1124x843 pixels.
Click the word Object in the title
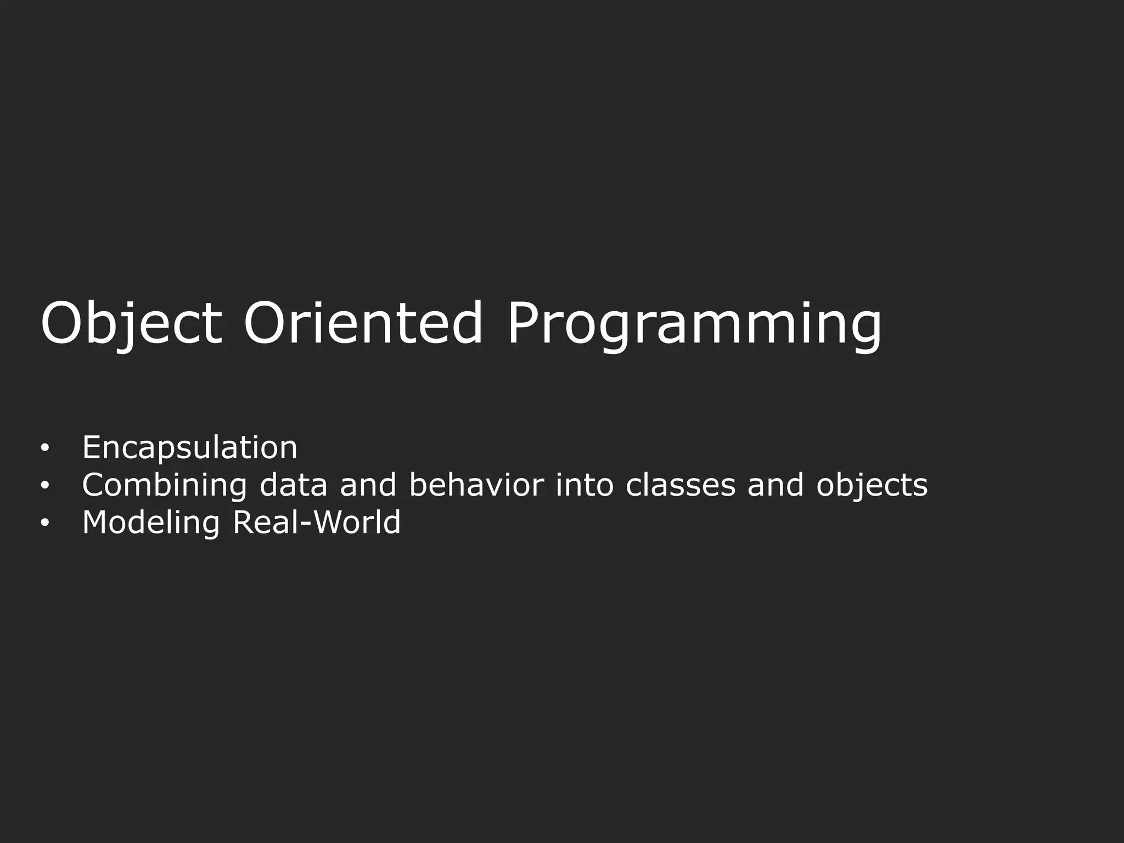tap(131, 324)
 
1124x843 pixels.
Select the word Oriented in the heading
tap(362, 324)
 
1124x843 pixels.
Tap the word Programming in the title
tap(694, 324)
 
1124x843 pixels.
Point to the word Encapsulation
tap(190, 447)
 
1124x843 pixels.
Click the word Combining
tap(165, 485)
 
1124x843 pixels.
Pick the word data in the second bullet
tap(293, 485)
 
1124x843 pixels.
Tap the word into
tap(584, 485)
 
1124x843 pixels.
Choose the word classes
tap(680, 485)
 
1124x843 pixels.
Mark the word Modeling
tap(151, 523)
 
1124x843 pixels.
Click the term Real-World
tap(317, 522)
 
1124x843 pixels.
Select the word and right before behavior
tap(368, 485)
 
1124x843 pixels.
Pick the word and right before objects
tap(775, 485)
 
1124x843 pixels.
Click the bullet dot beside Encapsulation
tap(44, 448)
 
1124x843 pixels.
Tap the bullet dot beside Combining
tap(44, 486)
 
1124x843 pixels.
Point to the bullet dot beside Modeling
tap(44, 524)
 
